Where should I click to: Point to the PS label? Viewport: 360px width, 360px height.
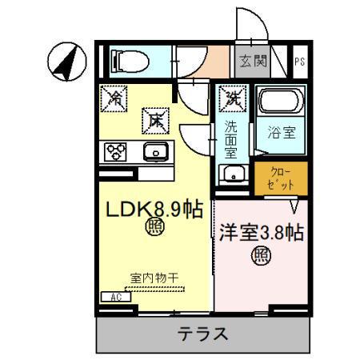[x=298, y=61]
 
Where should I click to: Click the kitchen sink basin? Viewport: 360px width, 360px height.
[x=154, y=150]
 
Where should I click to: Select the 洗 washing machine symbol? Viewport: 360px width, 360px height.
[x=233, y=99]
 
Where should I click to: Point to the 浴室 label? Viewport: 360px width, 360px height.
[x=282, y=133]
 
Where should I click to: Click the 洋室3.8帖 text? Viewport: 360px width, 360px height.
[x=261, y=234]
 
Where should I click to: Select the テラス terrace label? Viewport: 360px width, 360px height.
[x=202, y=333]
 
